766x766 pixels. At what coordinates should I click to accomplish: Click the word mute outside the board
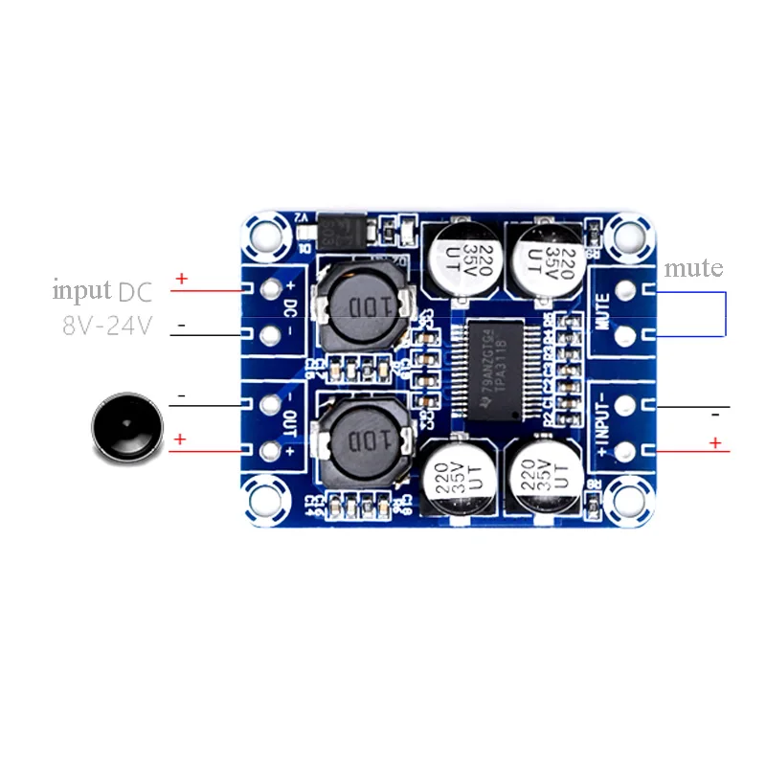pyautogui.click(x=693, y=267)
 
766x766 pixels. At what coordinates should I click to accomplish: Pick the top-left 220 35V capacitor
pyautogui.click(x=459, y=257)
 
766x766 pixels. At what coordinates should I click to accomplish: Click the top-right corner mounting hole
pyautogui.click(x=629, y=234)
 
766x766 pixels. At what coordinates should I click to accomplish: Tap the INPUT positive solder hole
pyautogui.click(x=629, y=451)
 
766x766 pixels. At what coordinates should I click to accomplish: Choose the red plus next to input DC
pyautogui.click(x=181, y=280)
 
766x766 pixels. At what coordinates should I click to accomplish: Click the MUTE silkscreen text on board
pyautogui.click(x=602, y=311)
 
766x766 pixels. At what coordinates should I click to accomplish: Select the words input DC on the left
pyautogui.click(x=101, y=290)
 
